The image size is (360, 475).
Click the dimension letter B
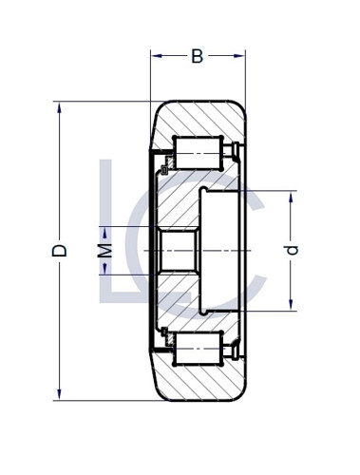tap(197, 57)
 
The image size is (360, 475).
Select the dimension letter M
tap(106, 251)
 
